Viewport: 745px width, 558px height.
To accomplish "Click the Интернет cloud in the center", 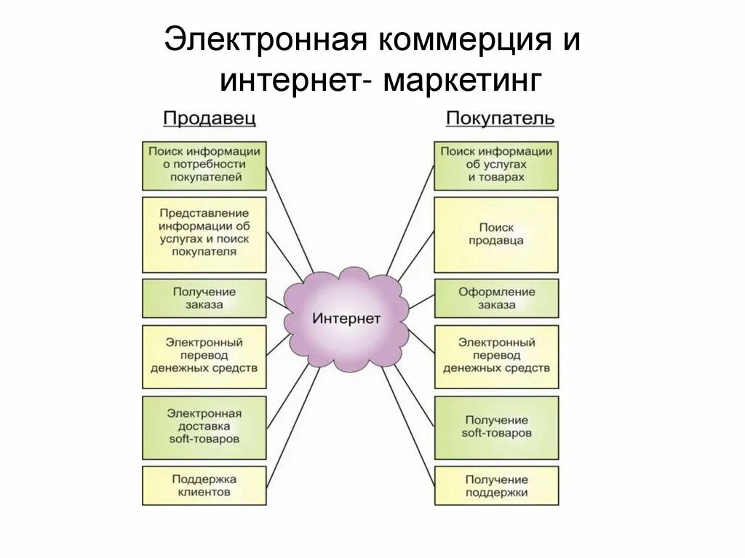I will coord(346,319).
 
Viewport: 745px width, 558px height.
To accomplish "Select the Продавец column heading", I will coord(209,119).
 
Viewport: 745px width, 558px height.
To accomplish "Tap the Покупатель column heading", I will coord(500,119).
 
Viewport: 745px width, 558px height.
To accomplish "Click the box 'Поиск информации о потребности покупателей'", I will coord(204,165).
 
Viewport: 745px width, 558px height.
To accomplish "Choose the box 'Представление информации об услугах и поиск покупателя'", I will coord(204,233).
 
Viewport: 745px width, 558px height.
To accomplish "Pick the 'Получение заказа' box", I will coord(204,298).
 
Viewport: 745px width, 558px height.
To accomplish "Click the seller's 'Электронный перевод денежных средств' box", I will coord(204,356).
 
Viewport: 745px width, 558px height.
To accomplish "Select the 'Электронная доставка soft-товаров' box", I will coord(204,426).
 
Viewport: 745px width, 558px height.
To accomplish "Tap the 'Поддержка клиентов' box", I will coord(204,485).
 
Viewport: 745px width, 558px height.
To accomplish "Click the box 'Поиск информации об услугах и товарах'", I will coord(496,165).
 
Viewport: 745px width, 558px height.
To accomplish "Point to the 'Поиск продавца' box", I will coord(496,234).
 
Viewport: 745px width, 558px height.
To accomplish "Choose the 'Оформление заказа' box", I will coord(496,298).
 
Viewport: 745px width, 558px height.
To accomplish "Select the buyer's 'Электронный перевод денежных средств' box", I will coord(496,356).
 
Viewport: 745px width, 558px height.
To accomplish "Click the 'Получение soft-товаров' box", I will coord(496,426).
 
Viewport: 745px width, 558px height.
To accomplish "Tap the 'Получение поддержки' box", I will coord(496,486).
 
